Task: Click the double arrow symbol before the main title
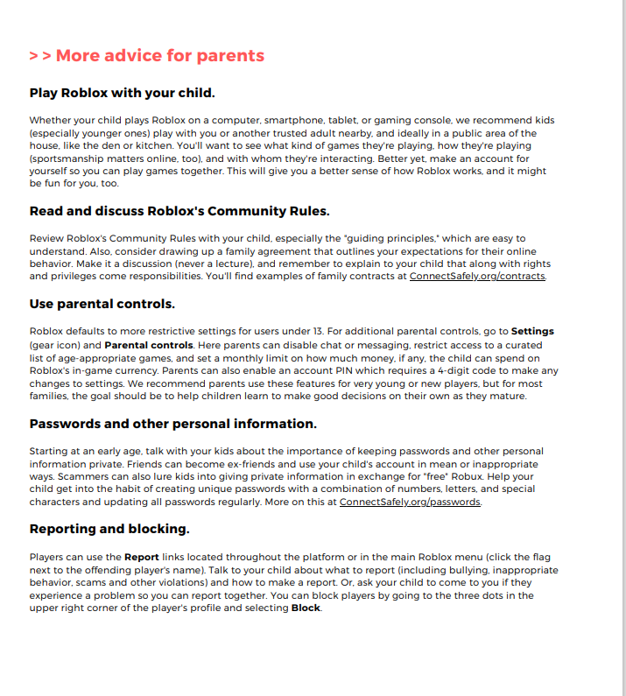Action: tap(39, 56)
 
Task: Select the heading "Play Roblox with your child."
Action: tap(122, 93)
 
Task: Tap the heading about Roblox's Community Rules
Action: tap(179, 211)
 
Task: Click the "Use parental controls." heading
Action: tap(102, 304)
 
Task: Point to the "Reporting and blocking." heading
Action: tap(109, 529)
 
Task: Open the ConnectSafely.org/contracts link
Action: tap(477, 276)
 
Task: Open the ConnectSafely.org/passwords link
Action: tap(410, 502)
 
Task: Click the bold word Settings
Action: tap(532, 332)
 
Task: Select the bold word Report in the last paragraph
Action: tap(142, 557)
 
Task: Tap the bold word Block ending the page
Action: tap(306, 608)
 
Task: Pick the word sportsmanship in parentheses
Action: tap(69, 160)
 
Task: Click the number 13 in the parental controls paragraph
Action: tap(319, 332)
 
